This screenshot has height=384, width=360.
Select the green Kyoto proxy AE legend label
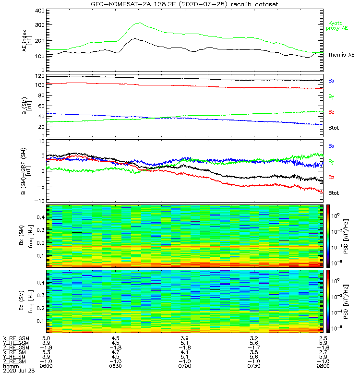tap(338, 26)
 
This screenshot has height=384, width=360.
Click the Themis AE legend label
tap(340, 55)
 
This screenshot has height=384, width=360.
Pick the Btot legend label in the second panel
tap(334, 128)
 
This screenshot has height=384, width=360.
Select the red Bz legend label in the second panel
tap(331, 112)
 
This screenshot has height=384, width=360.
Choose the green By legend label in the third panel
tap(331, 162)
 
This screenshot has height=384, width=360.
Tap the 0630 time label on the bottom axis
tap(116, 366)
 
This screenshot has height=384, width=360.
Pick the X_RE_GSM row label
tap(16, 338)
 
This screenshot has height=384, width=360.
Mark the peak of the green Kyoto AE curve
tap(139, 23)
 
